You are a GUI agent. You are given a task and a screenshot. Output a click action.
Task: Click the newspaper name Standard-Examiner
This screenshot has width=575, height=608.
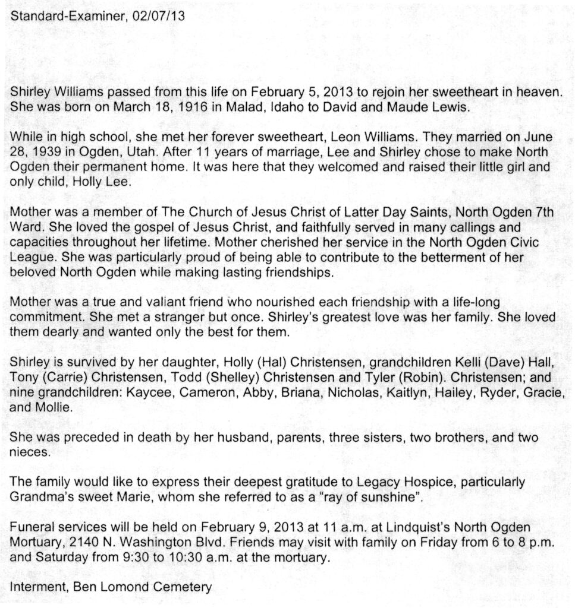coord(66,16)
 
